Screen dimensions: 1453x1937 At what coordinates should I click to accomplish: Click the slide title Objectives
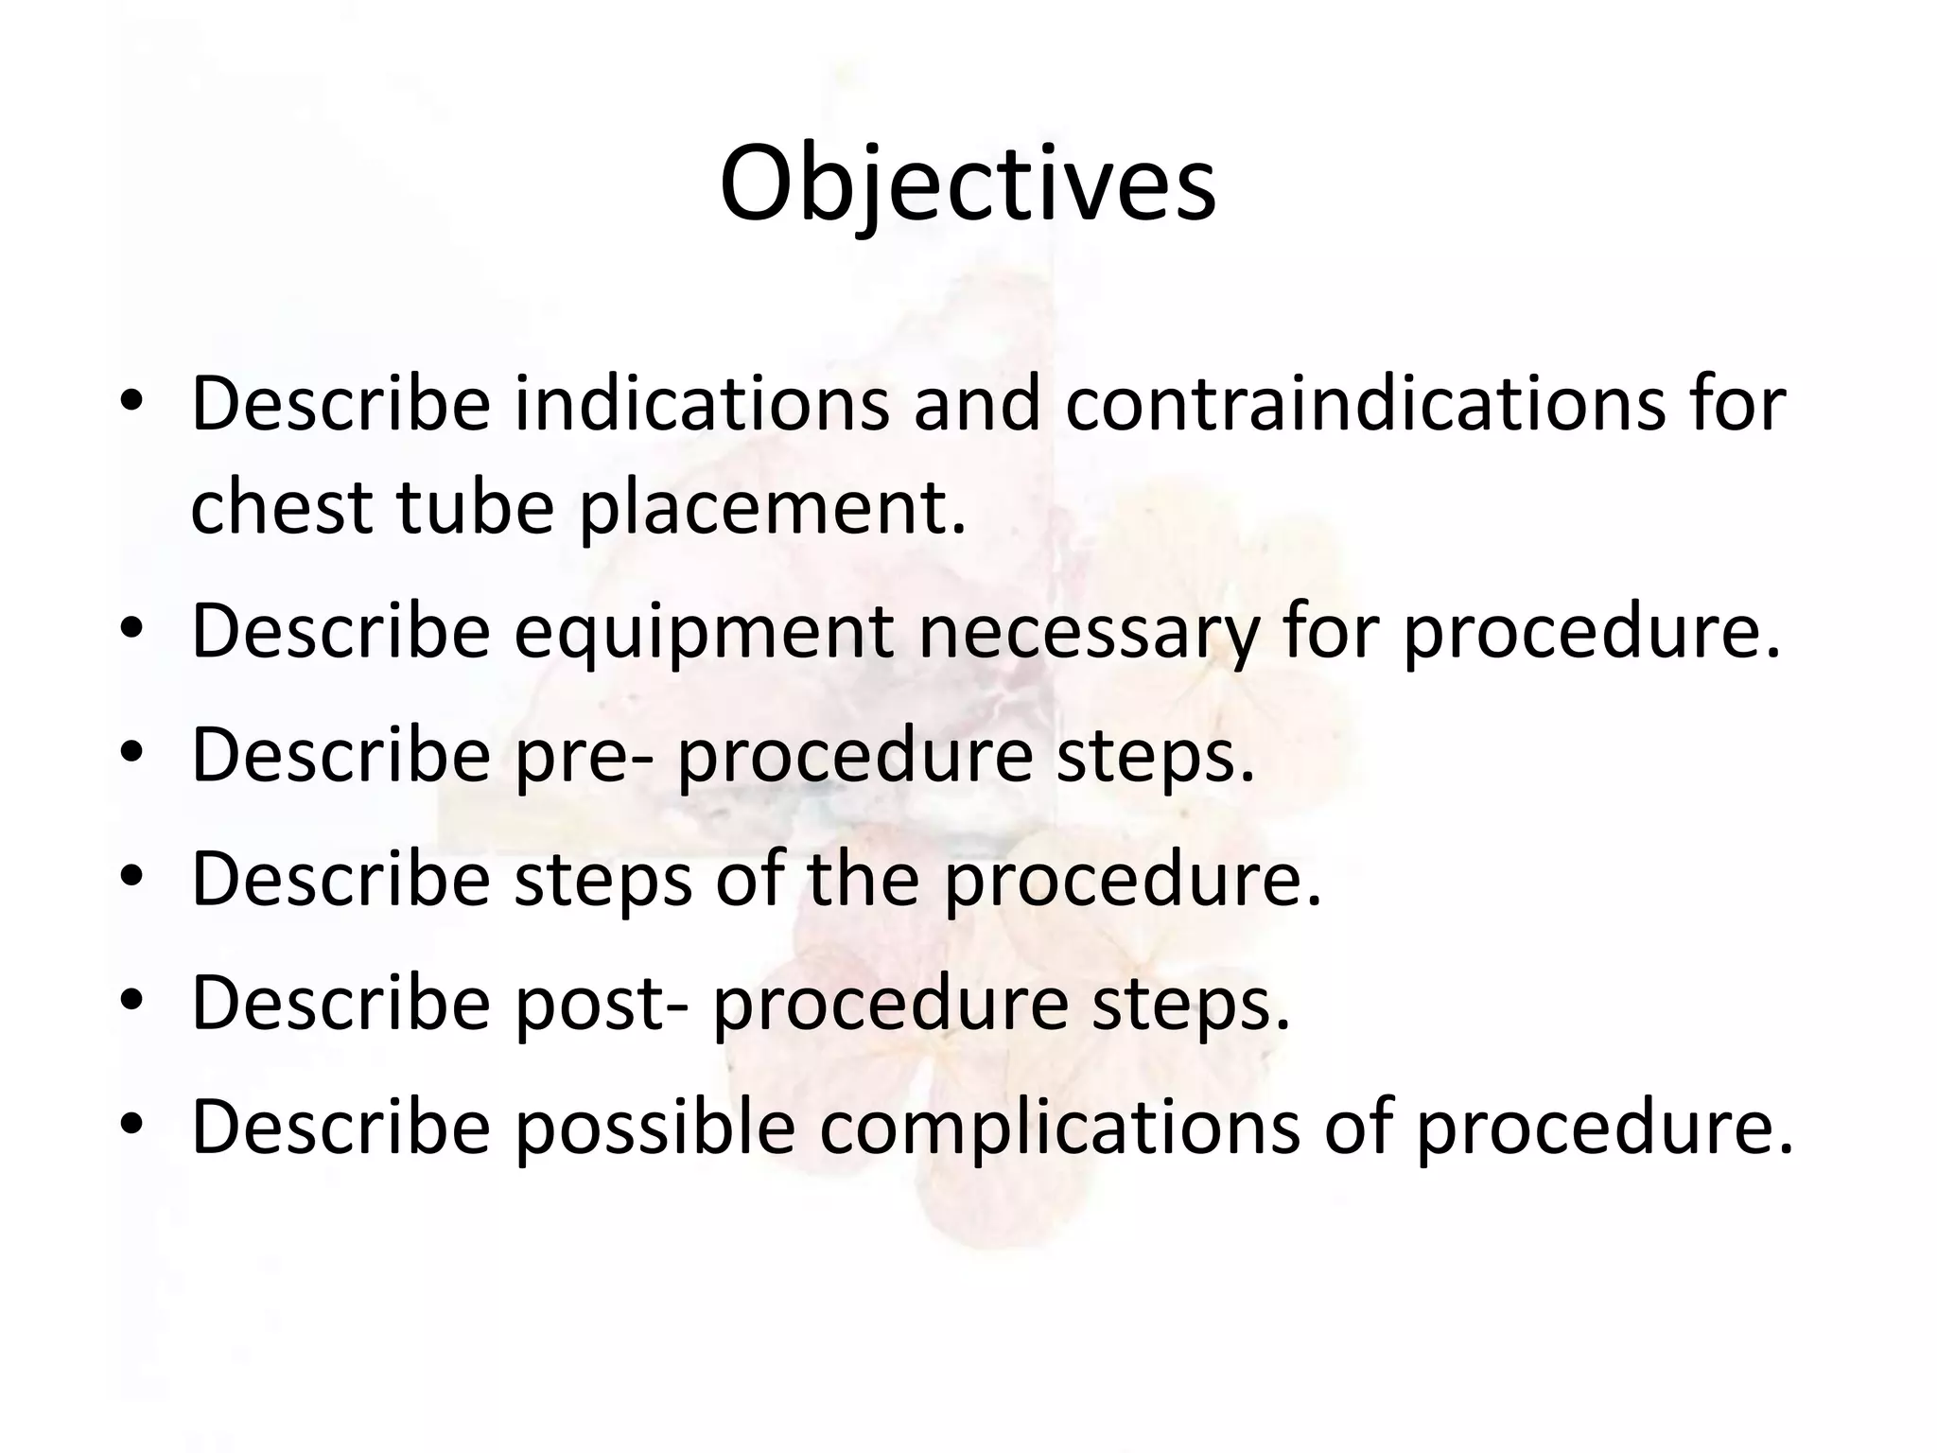tap(967, 184)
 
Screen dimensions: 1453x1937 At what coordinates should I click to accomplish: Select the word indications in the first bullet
tap(701, 404)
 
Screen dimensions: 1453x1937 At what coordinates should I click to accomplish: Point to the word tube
tap(474, 506)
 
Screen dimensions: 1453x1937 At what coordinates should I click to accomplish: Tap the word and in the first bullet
tap(977, 404)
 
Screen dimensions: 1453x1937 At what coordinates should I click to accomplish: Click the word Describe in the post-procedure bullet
tap(340, 1003)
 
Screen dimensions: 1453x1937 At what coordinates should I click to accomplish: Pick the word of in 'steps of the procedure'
tap(748, 879)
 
